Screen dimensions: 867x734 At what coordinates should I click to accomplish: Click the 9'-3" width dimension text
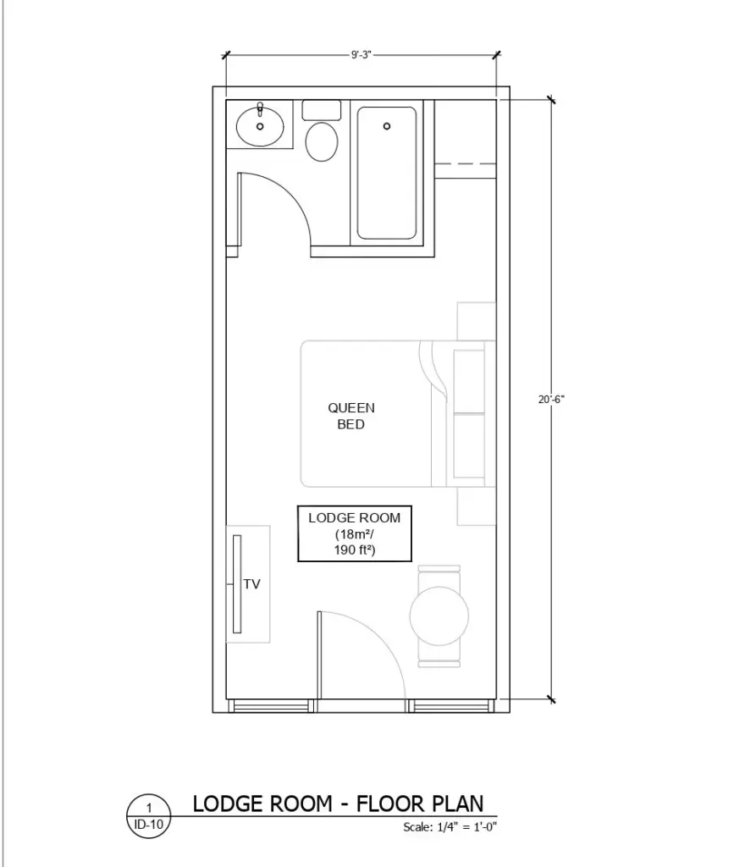pos(361,55)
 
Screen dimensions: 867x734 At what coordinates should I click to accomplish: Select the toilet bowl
pos(321,141)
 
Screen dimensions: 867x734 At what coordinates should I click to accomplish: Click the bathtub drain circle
pos(387,126)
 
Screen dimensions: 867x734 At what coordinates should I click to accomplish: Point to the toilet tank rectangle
pos(321,109)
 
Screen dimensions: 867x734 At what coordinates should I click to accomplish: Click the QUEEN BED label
pos(351,416)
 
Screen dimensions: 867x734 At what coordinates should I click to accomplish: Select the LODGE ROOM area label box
pos(354,533)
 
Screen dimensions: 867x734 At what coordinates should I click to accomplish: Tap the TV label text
pos(251,584)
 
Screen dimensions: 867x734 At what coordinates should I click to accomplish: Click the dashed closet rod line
pos(464,163)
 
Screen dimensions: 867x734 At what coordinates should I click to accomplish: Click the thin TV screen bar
pos(238,583)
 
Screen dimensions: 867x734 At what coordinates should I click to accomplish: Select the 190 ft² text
pos(355,550)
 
